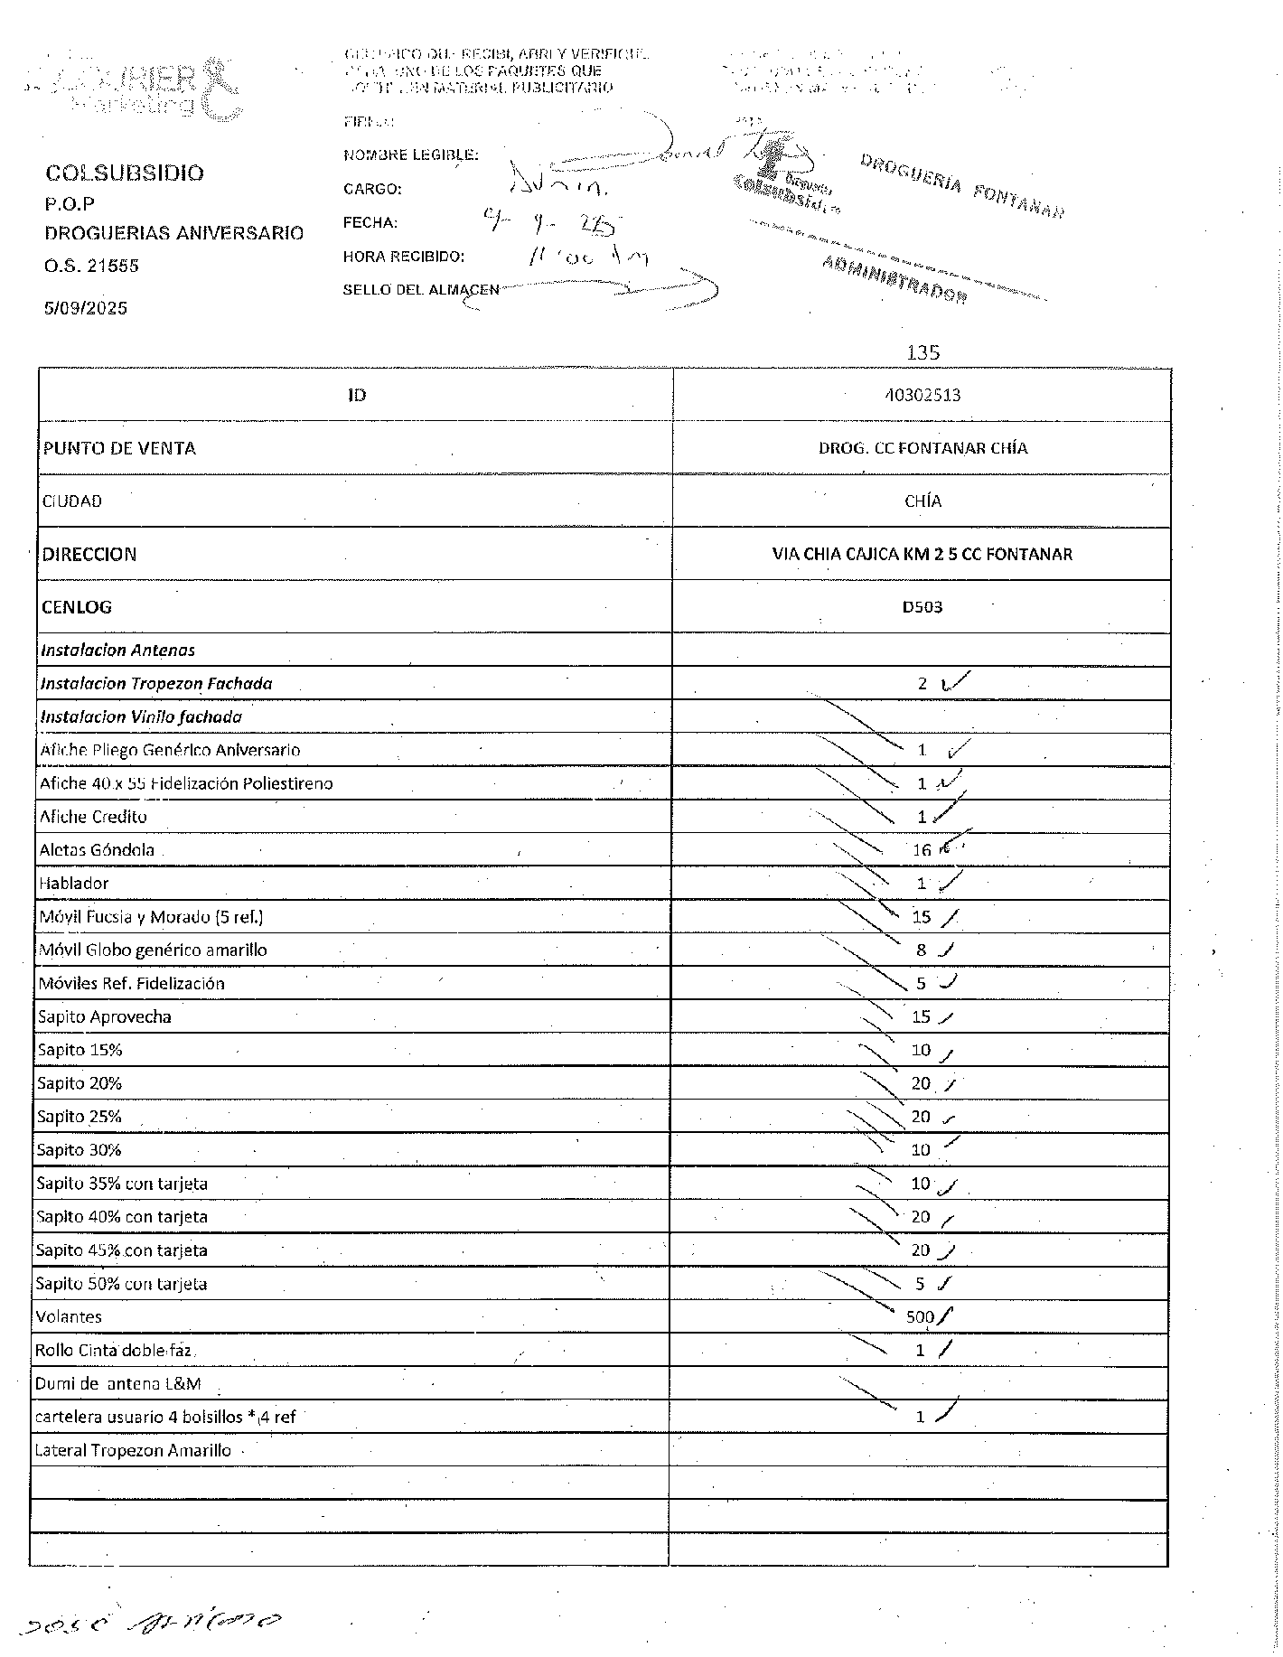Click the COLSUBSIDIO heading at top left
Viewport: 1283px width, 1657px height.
(125, 173)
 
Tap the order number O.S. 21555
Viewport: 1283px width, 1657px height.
(91, 266)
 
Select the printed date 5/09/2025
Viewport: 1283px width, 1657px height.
(86, 308)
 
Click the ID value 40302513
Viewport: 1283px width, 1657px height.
(922, 395)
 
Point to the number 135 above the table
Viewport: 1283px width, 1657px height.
(922, 352)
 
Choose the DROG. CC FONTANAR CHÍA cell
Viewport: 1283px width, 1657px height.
(922, 448)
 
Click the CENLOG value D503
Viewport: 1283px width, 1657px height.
(922, 607)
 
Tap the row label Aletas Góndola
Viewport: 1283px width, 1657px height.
(97, 850)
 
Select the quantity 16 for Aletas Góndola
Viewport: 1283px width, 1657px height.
(921, 850)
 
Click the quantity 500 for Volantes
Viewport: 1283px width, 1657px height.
(920, 1317)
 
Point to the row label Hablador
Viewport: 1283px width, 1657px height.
(73, 884)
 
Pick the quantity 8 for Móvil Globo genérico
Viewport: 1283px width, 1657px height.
(921, 950)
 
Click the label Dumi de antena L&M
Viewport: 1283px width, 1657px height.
(117, 1384)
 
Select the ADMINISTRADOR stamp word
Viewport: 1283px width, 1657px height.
(894, 281)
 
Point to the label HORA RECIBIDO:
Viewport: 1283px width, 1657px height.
(403, 257)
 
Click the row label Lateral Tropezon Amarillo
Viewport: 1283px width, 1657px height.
(132, 1451)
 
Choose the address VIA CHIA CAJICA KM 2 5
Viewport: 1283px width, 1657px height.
(922, 554)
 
